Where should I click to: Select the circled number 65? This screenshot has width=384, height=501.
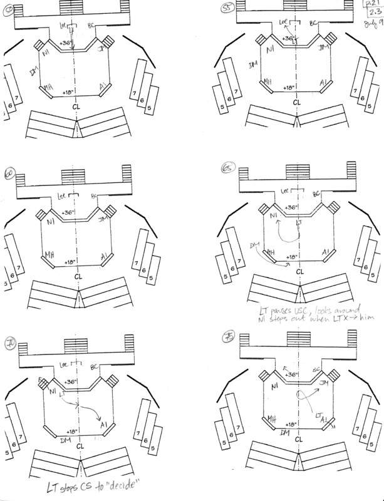coord(227,168)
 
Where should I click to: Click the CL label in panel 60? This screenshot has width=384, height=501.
coord(77,275)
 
